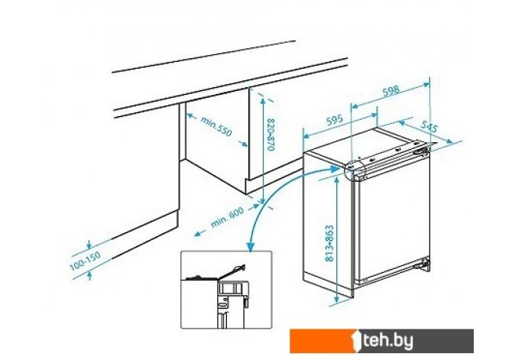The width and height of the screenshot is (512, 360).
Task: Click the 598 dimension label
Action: pos(390,91)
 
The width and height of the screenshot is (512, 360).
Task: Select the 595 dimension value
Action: pos(335,120)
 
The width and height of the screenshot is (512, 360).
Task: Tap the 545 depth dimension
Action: pos(429,126)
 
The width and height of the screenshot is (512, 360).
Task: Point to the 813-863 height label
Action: pos(330,243)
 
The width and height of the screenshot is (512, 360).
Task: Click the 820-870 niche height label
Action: pos(271,135)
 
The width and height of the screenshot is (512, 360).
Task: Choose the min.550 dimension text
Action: pos(215,126)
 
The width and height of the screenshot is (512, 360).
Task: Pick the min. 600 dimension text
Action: pos(227,218)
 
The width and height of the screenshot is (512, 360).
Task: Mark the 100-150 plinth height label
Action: pos(86,261)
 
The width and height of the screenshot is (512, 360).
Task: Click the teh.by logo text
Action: pos(388,341)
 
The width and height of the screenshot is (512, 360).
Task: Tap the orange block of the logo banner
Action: pos(321,341)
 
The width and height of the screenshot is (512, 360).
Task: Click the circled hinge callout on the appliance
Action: pos(355,169)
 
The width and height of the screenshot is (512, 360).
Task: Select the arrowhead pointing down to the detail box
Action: pos(251,248)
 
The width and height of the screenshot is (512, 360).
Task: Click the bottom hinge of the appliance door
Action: pos(424,264)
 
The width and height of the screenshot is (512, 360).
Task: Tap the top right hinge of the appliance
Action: pos(422,151)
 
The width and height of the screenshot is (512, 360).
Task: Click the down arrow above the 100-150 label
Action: pos(89,245)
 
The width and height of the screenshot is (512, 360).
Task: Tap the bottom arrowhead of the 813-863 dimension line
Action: pos(337,300)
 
